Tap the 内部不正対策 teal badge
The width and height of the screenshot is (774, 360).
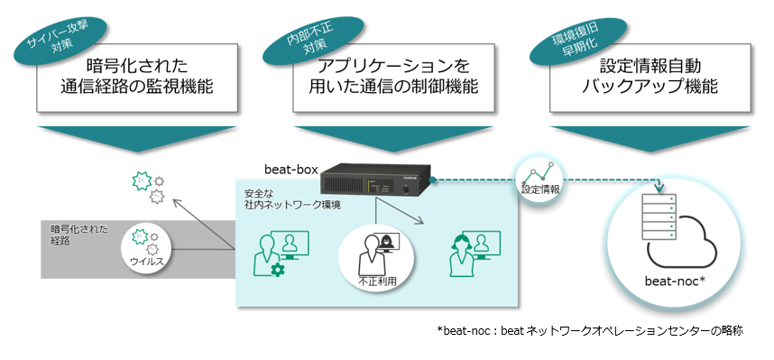299,32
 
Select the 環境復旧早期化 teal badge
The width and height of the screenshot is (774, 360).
570,33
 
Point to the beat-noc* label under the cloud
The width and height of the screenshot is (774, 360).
677,278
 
